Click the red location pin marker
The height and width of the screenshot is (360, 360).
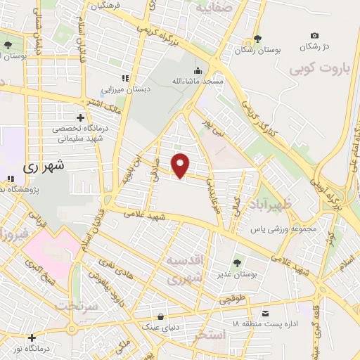click(x=181, y=165)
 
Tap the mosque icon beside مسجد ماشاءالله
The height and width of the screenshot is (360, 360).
click(x=198, y=71)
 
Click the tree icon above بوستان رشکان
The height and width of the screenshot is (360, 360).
click(x=258, y=37)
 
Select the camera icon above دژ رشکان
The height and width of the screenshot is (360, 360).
click(x=314, y=35)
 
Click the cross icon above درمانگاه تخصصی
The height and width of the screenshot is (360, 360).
click(x=81, y=117)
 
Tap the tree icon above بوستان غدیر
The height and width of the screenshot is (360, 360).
click(x=236, y=263)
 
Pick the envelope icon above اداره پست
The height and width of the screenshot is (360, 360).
click(x=265, y=312)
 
